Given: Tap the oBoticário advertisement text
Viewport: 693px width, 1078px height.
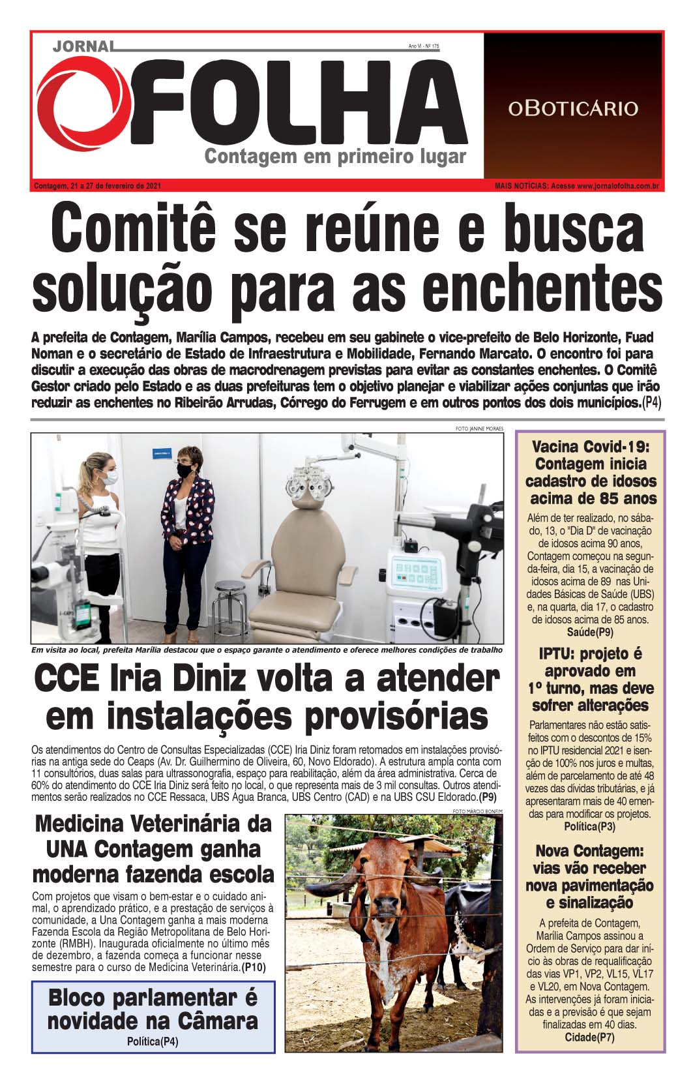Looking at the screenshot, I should (x=573, y=108).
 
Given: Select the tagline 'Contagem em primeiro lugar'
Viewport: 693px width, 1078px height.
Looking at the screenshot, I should (x=335, y=157).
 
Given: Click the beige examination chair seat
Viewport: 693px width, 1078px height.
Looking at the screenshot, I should (x=293, y=610).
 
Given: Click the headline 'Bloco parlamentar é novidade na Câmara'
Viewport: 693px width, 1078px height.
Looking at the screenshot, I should (x=153, y=1009).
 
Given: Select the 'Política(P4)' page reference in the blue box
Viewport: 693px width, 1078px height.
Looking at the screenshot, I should (x=153, y=1041).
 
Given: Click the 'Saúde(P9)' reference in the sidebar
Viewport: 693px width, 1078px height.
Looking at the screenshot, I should (x=590, y=632).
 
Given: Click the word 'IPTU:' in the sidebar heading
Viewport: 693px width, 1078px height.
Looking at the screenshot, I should (x=556, y=654).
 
